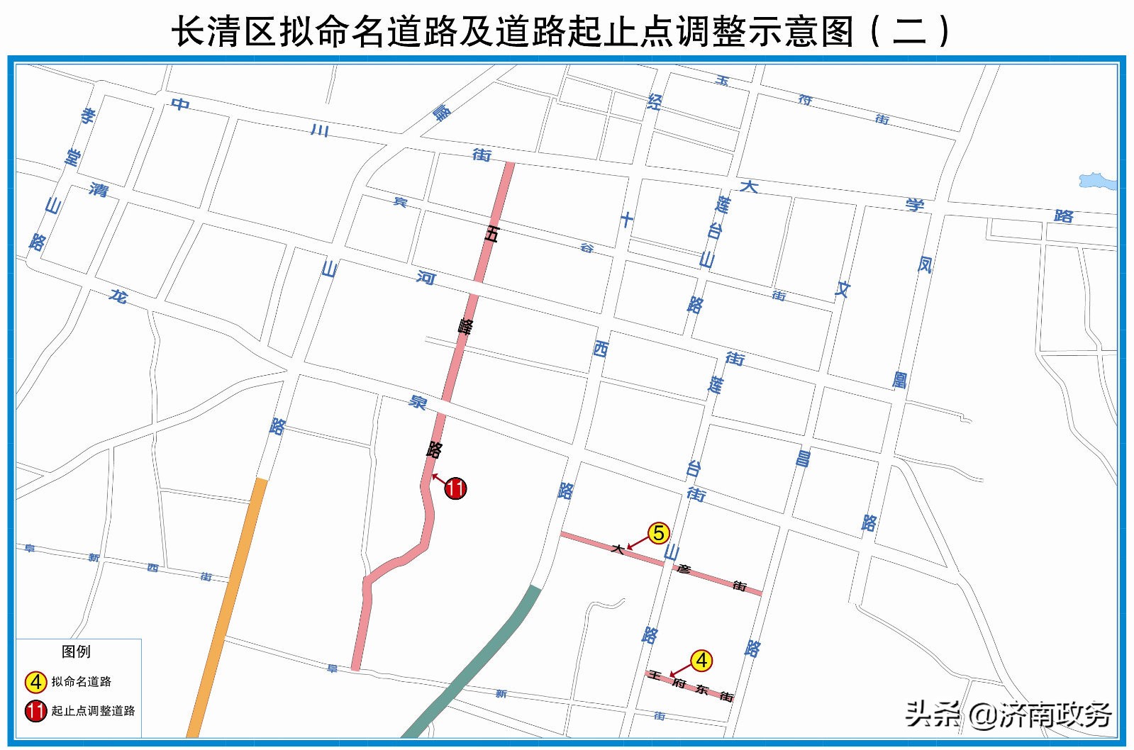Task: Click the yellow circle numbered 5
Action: click(658, 533)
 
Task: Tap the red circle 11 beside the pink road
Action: click(455, 488)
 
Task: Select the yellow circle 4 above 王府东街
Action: click(701, 661)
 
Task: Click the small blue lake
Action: click(1096, 181)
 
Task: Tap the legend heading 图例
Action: click(76, 651)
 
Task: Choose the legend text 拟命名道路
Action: click(82, 682)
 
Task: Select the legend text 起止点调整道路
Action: click(93, 710)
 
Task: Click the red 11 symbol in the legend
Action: click(35, 710)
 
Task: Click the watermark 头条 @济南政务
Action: click(1008, 714)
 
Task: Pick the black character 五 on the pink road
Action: click(491, 234)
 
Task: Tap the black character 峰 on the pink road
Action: click(465, 327)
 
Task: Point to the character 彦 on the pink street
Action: click(684, 569)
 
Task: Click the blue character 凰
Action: click(900, 380)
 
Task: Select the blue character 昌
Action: click(803, 459)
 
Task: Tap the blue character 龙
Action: click(118, 296)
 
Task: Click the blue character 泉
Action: click(418, 403)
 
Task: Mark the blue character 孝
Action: click(88, 116)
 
